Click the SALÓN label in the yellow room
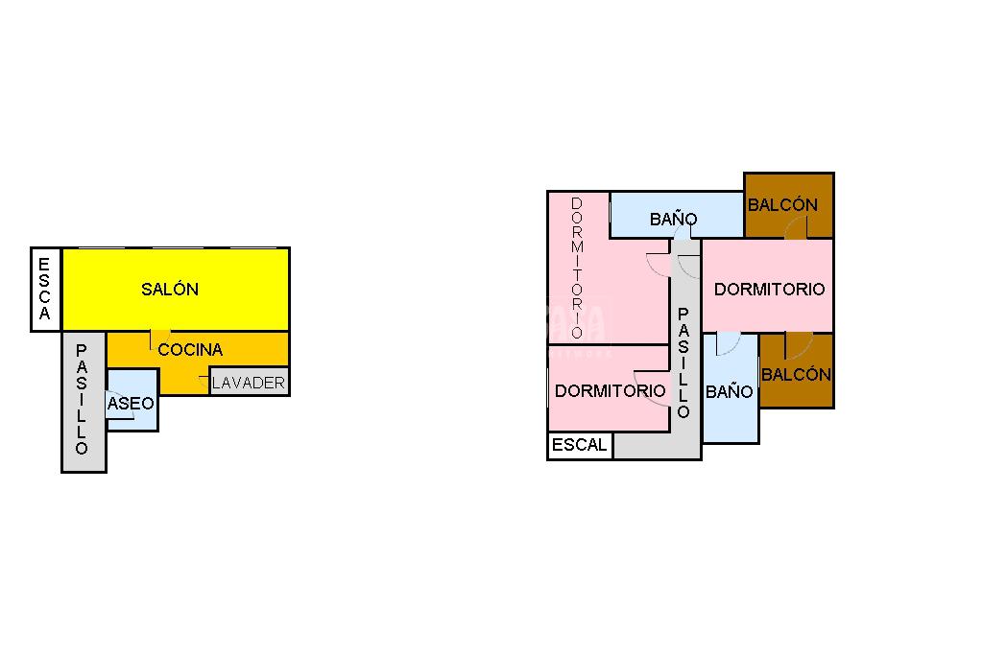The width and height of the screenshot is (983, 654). click(170, 289)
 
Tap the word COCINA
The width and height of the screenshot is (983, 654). click(190, 350)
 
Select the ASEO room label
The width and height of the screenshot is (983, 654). click(131, 404)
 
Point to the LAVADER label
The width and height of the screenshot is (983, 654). click(249, 383)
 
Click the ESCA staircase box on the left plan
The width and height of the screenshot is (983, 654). click(45, 290)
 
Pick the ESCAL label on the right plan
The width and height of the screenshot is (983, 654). click(580, 445)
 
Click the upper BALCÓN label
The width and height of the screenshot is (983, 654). click(782, 204)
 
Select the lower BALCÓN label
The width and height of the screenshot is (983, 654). click(796, 375)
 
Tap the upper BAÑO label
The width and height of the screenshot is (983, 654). click(673, 220)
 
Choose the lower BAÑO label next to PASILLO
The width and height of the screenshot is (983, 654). click(729, 391)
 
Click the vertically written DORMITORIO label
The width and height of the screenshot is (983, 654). click(577, 268)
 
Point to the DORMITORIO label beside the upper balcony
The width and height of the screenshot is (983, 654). click(769, 289)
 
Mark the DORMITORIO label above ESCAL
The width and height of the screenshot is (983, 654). click(610, 391)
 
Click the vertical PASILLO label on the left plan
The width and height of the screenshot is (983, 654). click(82, 400)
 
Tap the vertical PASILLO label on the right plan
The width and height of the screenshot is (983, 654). click(683, 363)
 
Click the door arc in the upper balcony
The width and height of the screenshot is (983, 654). click(796, 228)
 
